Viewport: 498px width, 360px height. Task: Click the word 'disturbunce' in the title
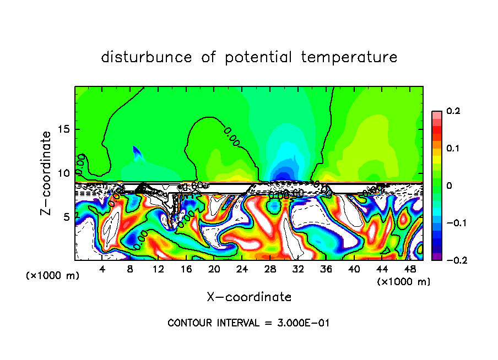click(x=147, y=57)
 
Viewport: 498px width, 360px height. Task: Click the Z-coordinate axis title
click(x=47, y=173)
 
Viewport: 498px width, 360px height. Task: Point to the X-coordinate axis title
click(x=249, y=297)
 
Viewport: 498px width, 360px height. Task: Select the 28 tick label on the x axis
click(x=270, y=269)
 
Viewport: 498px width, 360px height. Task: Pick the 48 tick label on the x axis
click(x=409, y=269)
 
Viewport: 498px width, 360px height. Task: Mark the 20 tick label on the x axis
click(x=214, y=269)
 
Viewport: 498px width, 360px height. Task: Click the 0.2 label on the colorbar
click(x=453, y=111)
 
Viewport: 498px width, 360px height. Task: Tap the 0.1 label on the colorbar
click(x=453, y=149)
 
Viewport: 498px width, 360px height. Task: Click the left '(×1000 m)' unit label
click(x=53, y=276)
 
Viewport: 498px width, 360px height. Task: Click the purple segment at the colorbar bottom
click(x=436, y=256)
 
